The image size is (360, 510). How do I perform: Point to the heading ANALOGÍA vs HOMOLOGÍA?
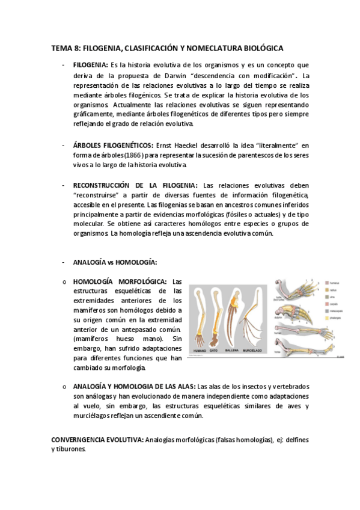click(115, 262)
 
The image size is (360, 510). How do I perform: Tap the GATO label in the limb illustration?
click(215, 350)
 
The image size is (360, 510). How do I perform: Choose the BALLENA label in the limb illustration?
click(233, 350)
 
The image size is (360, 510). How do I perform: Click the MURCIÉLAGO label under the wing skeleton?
click(253, 350)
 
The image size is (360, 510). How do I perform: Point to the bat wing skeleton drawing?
click(253, 319)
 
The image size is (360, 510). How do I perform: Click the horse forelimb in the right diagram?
click(301, 351)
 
